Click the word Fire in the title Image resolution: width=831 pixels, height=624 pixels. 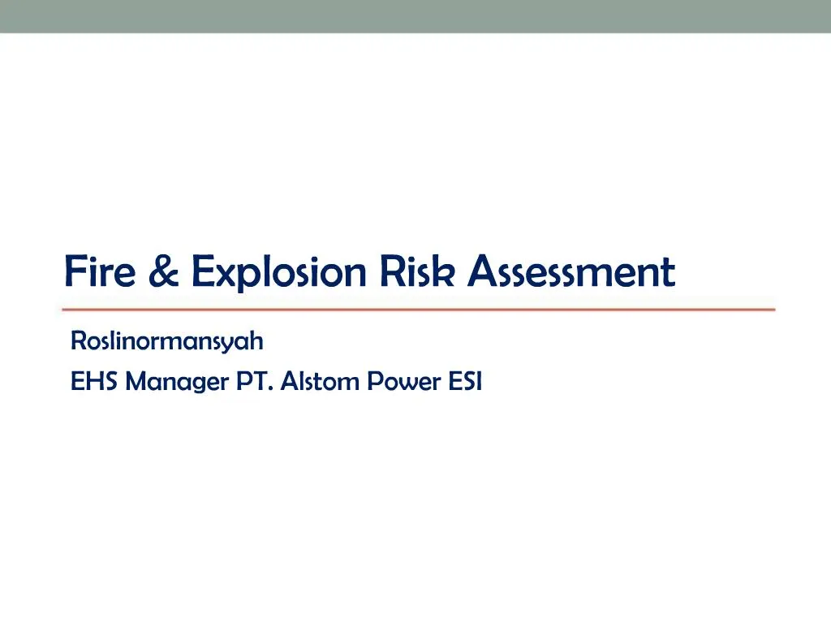99,271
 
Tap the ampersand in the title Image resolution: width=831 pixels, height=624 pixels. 165,271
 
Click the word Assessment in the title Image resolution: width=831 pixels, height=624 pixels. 571,271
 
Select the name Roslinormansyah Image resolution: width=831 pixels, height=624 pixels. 167,342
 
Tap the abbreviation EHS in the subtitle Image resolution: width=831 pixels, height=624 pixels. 95,380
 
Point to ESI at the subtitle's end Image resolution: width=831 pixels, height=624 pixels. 466,380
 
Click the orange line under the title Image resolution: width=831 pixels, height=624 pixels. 419,310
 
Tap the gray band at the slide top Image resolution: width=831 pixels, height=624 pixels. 415,16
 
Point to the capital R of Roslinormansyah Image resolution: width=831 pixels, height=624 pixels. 78,342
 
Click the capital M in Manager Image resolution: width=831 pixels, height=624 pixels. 138,380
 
